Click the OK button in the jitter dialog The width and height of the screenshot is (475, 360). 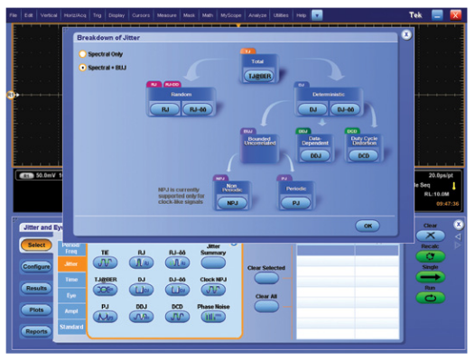367,225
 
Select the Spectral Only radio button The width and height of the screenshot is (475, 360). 83,54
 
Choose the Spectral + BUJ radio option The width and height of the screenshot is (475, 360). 83,67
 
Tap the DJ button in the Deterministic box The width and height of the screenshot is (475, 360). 312,108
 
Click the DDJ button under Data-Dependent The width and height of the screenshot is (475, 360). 315,155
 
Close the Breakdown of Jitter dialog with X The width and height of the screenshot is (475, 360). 406,34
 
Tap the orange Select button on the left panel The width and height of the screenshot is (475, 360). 35,245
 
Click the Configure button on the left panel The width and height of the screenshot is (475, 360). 35,267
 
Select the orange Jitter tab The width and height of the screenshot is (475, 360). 70,263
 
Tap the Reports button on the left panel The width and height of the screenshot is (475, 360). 35,331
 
